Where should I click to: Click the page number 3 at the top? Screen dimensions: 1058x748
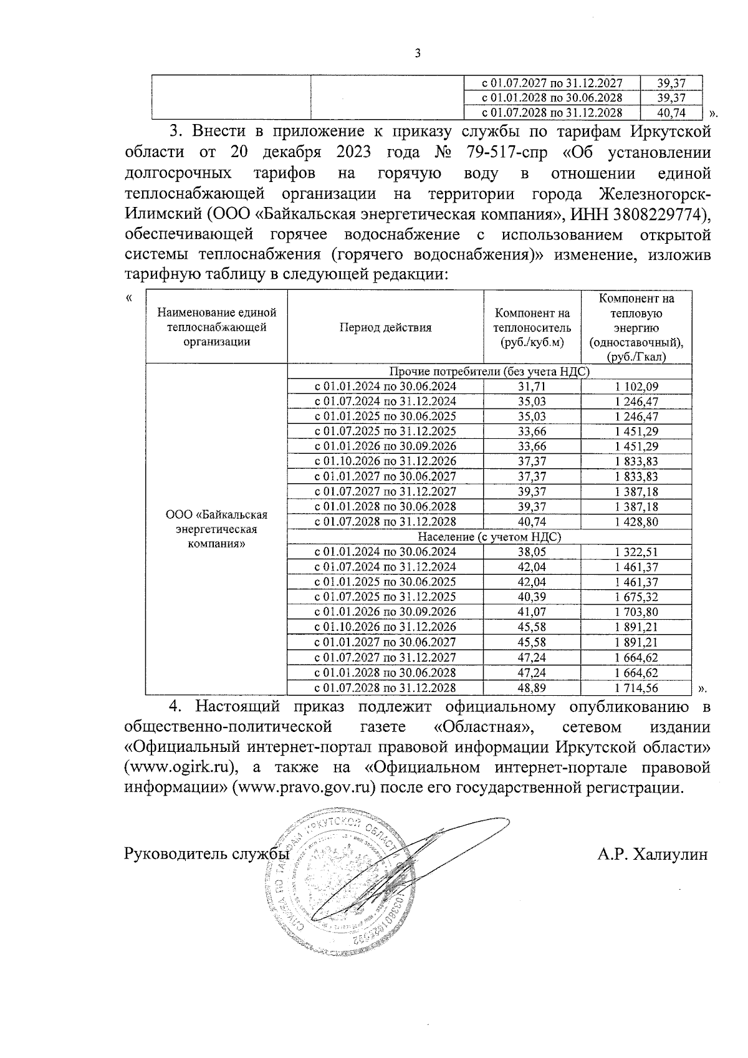tap(418, 54)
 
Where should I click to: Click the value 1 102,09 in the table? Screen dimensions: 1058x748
tap(636, 387)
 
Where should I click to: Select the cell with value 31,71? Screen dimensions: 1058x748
tap(532, 387)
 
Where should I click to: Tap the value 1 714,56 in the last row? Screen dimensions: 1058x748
tap(636, 688)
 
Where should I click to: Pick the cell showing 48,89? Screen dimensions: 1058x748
tap(532, 688)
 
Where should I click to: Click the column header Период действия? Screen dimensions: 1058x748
tap(385, 327)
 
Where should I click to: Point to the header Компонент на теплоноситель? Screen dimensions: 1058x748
tap(532, 327)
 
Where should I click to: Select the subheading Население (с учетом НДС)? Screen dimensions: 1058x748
tap(489, 537)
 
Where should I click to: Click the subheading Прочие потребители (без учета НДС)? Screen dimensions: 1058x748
tap(489, 372)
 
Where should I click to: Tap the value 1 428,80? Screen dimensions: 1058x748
tap(636, 522)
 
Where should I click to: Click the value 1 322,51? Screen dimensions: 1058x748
tap(636, 552)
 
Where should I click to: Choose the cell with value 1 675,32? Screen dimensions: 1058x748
tap(636, 597)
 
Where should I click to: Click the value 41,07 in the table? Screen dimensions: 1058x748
tap(532, 612)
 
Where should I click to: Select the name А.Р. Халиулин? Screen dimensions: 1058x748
tap(652, 854)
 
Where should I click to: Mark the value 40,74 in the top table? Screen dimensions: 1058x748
tap(671, 113)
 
